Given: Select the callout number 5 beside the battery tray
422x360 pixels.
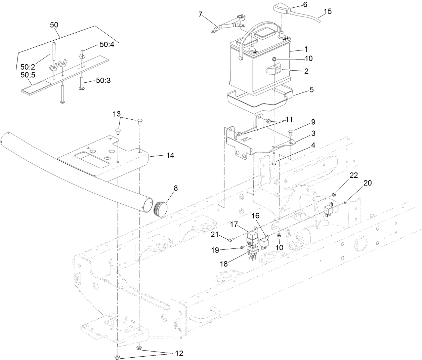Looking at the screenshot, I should pyautogui.click(x=311, y=90).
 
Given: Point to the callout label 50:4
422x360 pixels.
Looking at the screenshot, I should pyautogui.click(x=107, y=45).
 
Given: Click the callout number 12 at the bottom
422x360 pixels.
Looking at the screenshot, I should pyautogui.click(x=179, y=354).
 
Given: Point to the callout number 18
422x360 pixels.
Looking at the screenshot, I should pyautogui.click(x=224, y=264).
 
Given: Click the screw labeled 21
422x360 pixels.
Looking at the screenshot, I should pyautogui.click(x=230, y=240).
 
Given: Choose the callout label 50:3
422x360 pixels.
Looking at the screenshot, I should pyautogui.click(x=104, y=80).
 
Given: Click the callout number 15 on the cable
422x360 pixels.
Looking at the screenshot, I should pyautogui.click(x=328, y=11).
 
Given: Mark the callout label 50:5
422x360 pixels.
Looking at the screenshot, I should pyautogui.click(x=27, y=75).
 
